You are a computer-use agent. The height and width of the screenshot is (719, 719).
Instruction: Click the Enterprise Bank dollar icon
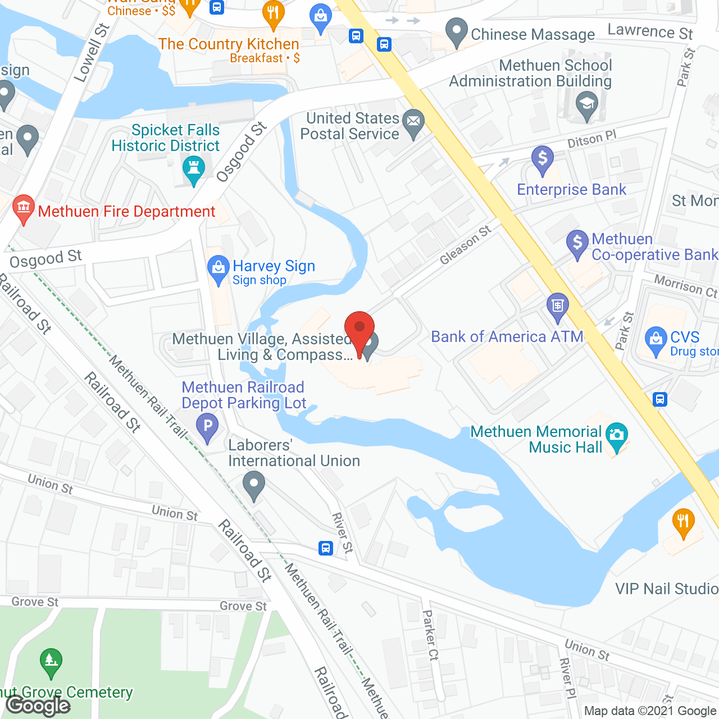tap(543, 160)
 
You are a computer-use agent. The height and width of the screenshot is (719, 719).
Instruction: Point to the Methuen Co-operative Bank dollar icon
tap(577, 244)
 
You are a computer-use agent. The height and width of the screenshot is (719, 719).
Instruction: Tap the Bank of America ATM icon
tap(557, 307)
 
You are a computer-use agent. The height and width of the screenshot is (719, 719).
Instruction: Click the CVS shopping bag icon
tap(656, 340)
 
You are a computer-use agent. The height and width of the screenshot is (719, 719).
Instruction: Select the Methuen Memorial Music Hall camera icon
tap(617, 436)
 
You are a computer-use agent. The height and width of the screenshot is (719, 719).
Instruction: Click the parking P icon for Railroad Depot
tap(207, 426)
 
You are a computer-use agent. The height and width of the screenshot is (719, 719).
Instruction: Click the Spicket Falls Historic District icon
tap(194, 169)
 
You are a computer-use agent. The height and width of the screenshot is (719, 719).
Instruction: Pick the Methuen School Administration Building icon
tap(586, 105)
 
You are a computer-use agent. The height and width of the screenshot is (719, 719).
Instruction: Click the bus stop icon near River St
tap(325, 548)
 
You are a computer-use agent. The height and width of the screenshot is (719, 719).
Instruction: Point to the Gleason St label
tap(465, 245)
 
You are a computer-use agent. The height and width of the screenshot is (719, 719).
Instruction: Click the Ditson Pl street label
tap(591, 139)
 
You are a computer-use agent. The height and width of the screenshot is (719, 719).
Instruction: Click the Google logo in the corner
tap(38, 706)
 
